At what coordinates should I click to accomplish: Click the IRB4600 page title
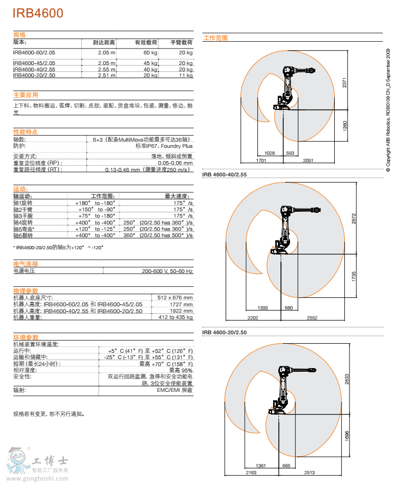click(38, 13)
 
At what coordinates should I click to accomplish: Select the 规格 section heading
click(20, 34)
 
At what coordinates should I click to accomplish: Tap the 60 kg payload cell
click(150, 53)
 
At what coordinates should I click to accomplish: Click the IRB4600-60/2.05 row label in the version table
click(34, 53)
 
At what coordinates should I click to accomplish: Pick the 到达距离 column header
click(104, 42)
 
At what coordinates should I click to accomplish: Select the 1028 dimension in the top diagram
click(270, 153)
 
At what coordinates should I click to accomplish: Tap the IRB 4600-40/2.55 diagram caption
click(225, 174)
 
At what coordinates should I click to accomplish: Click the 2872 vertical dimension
click(354, 219)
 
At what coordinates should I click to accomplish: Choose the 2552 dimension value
click(312, 318)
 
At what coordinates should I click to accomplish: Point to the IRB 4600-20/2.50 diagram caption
click(225, 332)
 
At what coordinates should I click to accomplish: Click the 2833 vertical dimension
click(347, 379)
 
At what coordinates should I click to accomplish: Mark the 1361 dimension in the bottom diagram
click(260, 466)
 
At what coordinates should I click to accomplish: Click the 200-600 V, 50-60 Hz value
click(167, 271)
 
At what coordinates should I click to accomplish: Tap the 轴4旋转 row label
click(23, 223)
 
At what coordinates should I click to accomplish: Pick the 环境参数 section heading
click(26, 337)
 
